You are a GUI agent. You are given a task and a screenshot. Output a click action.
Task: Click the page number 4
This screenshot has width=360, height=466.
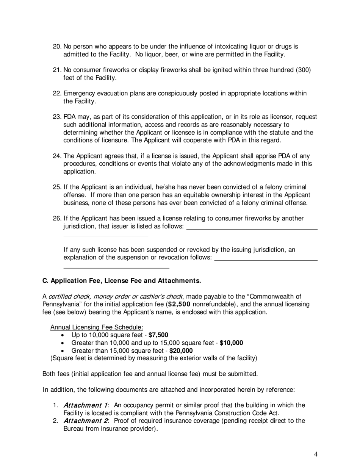(x=316, y=454)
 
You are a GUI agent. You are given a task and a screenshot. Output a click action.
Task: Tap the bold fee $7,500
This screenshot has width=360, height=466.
(x=158, y=335)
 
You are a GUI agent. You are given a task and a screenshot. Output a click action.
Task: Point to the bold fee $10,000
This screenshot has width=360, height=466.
(x=231, y=343)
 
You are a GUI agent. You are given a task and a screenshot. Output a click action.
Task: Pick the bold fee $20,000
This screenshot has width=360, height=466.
(x=181, y=351)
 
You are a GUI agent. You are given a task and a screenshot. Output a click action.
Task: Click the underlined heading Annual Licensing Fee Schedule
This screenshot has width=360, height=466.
(x=97, y=327)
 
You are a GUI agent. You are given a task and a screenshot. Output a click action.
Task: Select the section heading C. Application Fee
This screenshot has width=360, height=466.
(x=121, y=281)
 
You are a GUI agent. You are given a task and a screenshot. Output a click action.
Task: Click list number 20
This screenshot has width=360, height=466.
(x=57, y=47)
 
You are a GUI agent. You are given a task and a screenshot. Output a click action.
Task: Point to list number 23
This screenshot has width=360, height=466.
(x=57, y=117)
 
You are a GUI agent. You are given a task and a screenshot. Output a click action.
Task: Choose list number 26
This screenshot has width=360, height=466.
(x=57, y=218)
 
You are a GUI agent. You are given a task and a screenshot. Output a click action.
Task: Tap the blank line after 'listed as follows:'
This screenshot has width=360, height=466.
(x=252, y=229)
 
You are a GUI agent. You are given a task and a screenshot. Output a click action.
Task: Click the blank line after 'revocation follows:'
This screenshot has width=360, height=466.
(x=266, y=260)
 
